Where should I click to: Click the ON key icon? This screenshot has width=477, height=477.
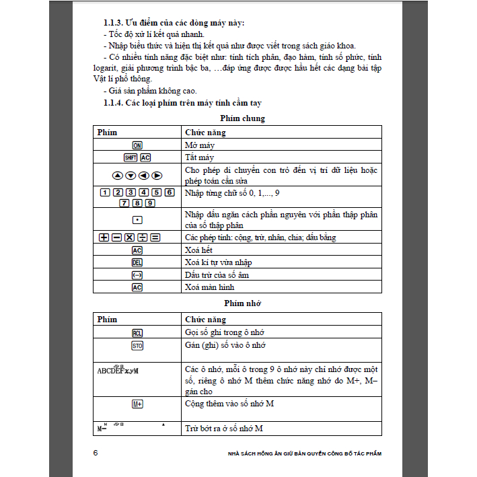(x=137, y=145)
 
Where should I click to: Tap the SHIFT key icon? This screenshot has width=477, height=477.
(x=131, y=158)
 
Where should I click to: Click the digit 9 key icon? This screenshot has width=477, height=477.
(x=149, y=203)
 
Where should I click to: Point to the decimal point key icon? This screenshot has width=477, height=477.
(x=137, y=220)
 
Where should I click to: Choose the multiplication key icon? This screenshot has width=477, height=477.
(x=129, y=238)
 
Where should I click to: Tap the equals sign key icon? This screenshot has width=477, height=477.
(x=155, y=238)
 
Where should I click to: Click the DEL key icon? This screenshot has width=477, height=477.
(x=137, y=262)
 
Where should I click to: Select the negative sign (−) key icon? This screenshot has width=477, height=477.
(x=137, y=274)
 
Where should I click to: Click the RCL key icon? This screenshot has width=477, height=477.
(x=137, y=333)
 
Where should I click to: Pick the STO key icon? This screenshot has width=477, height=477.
(x=137, y=346)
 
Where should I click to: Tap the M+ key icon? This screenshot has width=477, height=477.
(x=137, y=404)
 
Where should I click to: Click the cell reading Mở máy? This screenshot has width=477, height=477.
(x=201, y=145)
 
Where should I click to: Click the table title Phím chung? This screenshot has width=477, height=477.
(x=242, y=118)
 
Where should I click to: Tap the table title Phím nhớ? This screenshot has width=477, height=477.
(x=242, y=303)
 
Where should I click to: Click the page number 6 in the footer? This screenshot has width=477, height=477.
(x=96, y=453)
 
